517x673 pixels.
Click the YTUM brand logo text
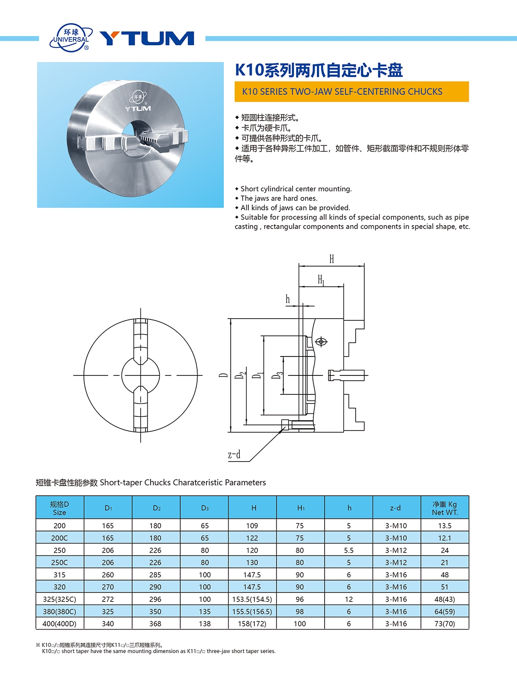pos(147,38)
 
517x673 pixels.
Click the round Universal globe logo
pos(71,38)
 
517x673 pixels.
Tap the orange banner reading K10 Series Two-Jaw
pos(351,92)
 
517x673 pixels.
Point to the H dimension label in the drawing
pos(331,259)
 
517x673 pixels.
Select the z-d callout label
pos(234,455)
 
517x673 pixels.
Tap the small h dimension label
pos(288,299)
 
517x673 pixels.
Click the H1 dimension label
pos(321,280)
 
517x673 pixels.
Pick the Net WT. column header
pos(445,508)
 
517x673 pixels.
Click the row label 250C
pos(59,562)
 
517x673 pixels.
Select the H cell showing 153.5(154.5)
pos(252,599)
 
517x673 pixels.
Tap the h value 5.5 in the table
pos(349,550)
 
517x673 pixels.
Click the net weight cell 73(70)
pos(445,623)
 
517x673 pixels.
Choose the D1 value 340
pos(108,623)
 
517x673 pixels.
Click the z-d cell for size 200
pos(396,526)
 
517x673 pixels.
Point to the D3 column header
pos(205,508)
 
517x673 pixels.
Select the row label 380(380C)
pos(59,611)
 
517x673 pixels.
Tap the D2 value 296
pos(155,599)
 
